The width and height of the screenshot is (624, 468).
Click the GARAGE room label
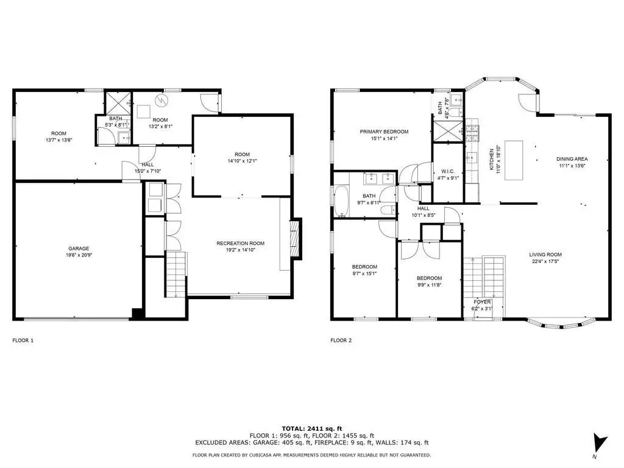(79, 249)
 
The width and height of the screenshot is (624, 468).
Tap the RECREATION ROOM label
(240, 243)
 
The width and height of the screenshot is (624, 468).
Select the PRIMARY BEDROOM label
(384, 132)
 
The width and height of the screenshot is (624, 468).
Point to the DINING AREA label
(572, 159)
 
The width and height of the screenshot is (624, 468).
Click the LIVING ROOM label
(545, 255)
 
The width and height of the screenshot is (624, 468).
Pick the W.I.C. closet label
(448, 171)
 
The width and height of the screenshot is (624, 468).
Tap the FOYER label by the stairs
(482, 302)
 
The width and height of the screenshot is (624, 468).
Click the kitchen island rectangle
(514, 160)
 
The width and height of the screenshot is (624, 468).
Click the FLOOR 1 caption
(23, 340)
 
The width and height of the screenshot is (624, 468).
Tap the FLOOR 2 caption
(341, 340)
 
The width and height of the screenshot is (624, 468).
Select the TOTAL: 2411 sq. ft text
(312, 428)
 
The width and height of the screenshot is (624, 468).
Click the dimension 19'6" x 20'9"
(79, 255)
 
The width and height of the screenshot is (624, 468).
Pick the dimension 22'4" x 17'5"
(545, 261)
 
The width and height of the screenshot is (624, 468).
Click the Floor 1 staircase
(175, 274)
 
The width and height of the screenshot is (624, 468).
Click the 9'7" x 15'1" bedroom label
(364, 274)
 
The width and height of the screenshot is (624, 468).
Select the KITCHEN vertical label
(492, 160)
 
